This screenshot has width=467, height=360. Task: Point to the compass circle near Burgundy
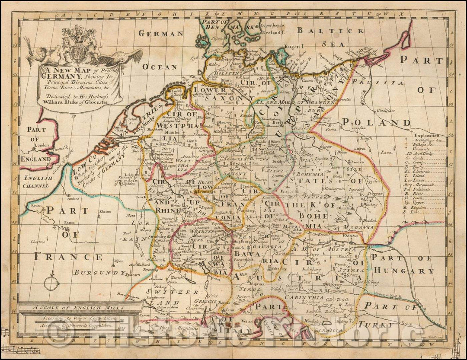53,283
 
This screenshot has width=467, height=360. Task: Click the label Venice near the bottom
248,321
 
